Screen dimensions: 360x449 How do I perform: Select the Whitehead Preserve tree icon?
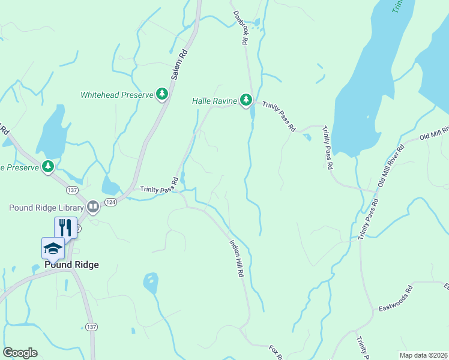[x=161, y=94]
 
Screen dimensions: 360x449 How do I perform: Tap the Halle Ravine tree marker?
[x=246, y=100]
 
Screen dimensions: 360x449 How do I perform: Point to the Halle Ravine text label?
[x=214, y=101]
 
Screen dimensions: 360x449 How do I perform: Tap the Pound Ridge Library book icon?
[x=93, y=207]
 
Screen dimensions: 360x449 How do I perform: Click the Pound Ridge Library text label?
[x=46, y=208]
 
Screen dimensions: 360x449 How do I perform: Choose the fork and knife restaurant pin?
[x=65, y=227]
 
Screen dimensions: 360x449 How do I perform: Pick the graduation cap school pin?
[x=53, y=248]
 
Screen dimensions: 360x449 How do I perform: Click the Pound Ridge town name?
[x=71, y=265]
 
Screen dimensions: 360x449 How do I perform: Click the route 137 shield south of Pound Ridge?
[x=91, y=326]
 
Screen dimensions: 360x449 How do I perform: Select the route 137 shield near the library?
[x=73, y=190]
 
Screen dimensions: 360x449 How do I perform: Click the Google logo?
[x=20, y=353]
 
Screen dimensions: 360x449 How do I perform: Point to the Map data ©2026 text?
[x=423, y=355]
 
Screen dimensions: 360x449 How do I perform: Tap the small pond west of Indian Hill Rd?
[x=151, y=283]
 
